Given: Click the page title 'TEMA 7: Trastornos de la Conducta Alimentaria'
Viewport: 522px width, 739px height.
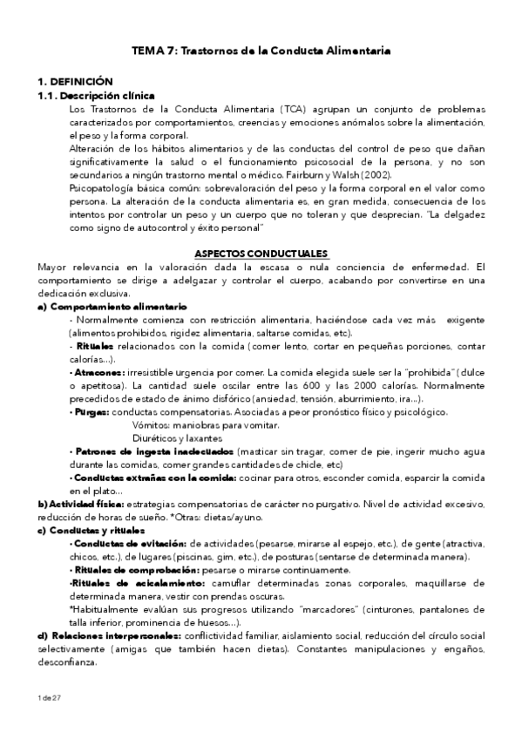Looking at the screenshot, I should [x=261, y=51].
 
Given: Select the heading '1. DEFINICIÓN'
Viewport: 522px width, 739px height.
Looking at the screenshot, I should [x=63, y=81].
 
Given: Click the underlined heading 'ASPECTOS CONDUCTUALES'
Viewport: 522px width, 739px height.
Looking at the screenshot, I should [x=261, y=253].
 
